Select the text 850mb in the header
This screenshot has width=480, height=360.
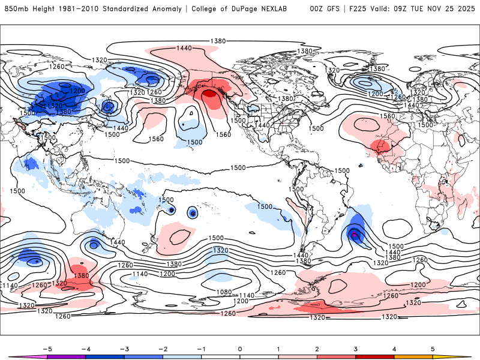pos(16,9)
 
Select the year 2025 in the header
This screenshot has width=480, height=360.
pos(466,9)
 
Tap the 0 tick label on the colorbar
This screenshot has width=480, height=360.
pos(240,348)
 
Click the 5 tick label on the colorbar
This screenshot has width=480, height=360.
pos(433,348)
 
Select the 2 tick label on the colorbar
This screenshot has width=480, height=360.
pos(317,348)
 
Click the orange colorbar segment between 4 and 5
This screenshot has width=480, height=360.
pos(413,357)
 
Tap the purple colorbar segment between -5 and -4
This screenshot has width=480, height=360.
pos(66,357)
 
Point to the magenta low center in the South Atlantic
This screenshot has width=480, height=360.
pos(355,235)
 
